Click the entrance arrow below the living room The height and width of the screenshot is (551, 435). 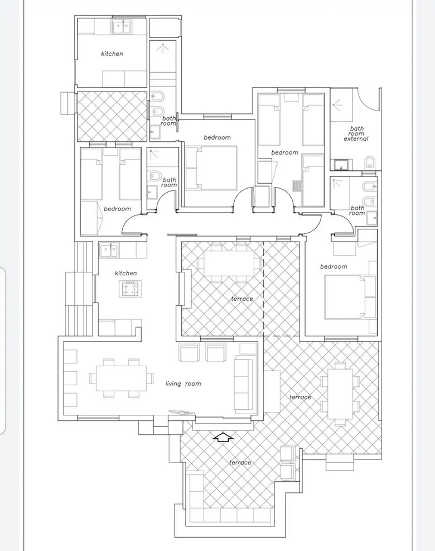223,438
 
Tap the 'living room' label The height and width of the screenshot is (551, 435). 183,384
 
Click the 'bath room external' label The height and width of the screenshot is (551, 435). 356,133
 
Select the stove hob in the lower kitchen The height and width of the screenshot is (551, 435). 130,289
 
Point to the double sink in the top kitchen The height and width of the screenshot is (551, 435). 122,27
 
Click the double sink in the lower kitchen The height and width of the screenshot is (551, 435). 109,251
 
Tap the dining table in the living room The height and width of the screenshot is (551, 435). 122,378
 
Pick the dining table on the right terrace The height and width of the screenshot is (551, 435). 340,394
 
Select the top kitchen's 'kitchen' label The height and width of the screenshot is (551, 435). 112,54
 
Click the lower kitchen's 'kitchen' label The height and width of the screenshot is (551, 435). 125,273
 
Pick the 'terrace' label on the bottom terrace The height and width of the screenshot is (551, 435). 240,462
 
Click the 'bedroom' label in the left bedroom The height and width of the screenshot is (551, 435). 117,209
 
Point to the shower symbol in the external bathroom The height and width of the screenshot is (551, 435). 338,104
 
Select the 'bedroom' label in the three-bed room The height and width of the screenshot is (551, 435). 284,152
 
